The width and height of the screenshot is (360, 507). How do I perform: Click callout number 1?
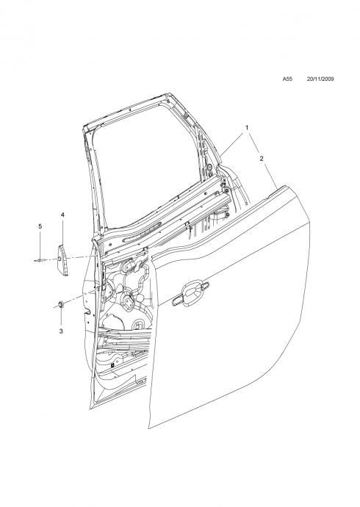[247, 128]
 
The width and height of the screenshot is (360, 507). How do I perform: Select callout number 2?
[262, 159]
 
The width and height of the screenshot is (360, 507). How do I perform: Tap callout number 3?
[61, 331]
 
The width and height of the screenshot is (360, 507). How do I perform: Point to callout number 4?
[62, 215]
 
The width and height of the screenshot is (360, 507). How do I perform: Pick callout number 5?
[40, 226]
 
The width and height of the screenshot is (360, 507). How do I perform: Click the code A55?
[287, 79]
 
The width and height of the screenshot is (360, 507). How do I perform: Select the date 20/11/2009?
[320, 79]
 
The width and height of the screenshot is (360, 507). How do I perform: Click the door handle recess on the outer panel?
[190, 293]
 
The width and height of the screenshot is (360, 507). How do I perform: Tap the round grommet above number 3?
[60, 304]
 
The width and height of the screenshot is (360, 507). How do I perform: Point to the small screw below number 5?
[40, 260]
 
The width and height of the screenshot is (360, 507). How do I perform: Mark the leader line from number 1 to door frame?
[232, 145]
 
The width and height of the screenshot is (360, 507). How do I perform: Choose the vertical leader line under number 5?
[40, 244]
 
